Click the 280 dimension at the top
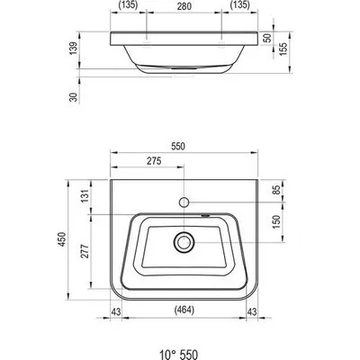tap(184, 5)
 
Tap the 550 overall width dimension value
tap(178, 146)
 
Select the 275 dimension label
tap(154, 161)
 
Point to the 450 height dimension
tap(62, 239)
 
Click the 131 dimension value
tap(85, 195)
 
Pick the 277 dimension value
tap(85, 251)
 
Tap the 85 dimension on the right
tap(276, 190)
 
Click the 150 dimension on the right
tap(276, 221)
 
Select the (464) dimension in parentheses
tap(184, 310)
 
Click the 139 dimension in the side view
tap(74, 48)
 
